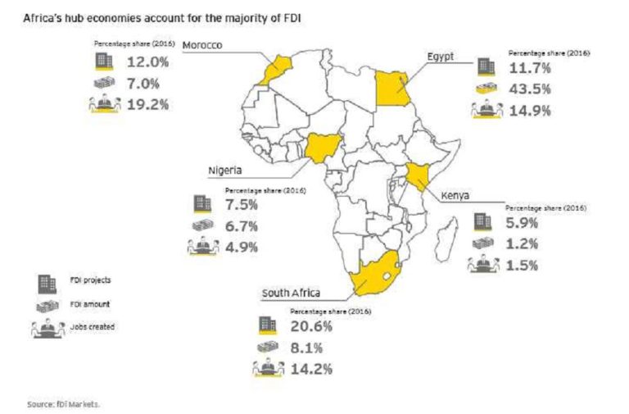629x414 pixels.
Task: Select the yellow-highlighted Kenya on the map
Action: point(418,176)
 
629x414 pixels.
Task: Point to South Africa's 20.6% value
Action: point(312,326)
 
